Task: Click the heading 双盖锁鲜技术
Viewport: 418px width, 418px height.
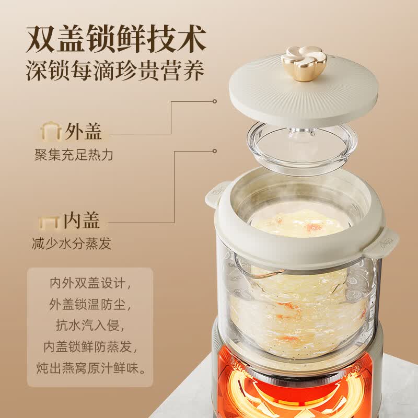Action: [x=116, y=39]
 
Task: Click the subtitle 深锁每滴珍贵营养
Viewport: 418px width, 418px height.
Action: [x=115, y=71]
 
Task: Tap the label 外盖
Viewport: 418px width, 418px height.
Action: [x=84, y=132]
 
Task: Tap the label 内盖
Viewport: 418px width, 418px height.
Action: [x=82, y=220]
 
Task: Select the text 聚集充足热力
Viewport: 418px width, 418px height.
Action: [x=74, y=155]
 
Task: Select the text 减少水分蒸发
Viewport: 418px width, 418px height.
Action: [x=72, y=243]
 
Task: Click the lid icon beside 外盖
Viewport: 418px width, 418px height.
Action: [x=51, y=131]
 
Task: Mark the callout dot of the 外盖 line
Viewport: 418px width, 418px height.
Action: [x=214, y=101]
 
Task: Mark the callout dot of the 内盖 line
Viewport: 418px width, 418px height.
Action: [x=214, y=151]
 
